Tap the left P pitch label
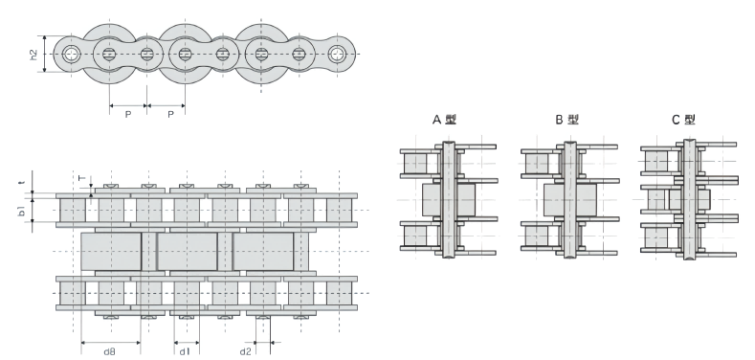(127, 114)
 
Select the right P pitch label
(170, 114)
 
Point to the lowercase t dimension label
(20, 179)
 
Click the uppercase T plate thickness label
(81, 179)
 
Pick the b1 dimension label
(21, 210)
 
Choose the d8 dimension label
(110, 351)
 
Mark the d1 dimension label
(186, 351)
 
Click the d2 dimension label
(246, 351)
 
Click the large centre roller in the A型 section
(448, 199)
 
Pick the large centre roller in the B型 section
(569, 199)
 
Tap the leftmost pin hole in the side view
(71, 55)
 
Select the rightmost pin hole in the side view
(337, 55)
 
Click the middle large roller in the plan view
(187, 251)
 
